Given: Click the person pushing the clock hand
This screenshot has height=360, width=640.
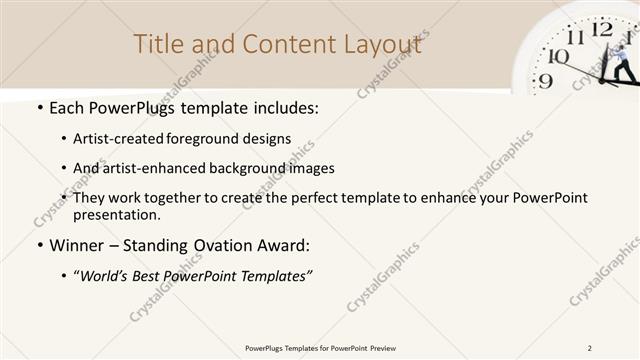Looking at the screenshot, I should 621,60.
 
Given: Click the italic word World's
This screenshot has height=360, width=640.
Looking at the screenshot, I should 106,276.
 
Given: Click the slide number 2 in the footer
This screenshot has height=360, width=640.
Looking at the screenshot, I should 590,347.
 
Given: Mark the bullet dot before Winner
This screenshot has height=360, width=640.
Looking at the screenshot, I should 39,246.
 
